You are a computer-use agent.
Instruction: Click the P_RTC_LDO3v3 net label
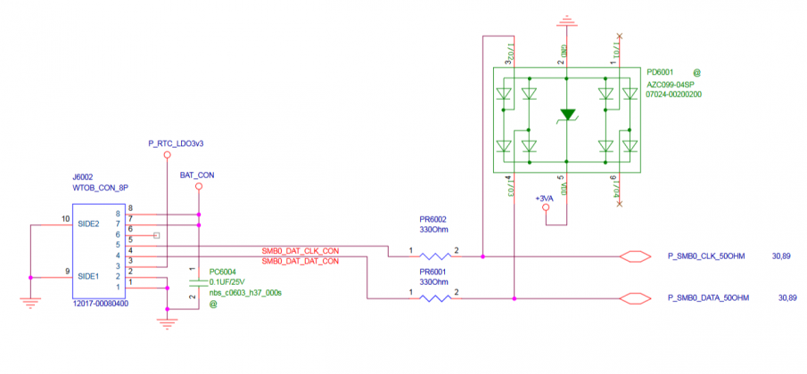[x=176, y=142]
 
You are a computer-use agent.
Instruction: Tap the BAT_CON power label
[x=197, y=175]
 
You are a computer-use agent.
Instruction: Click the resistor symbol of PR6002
[x=433, y=256]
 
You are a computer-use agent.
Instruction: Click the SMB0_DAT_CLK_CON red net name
[x=300, y=250]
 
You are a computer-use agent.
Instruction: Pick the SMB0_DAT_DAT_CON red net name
[x=300, y=262]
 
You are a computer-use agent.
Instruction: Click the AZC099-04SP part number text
[x=674, y=82]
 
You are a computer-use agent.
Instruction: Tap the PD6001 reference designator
[x=661, y=70]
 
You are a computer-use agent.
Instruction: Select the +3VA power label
[x=545, y=198]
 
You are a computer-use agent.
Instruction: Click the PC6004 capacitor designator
[x=223, y=272]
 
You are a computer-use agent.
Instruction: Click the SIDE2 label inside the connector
[x=89, y=223]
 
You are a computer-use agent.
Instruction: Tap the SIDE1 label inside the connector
[x=89, y=276]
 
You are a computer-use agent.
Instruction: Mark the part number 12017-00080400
[x=102, y=304]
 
